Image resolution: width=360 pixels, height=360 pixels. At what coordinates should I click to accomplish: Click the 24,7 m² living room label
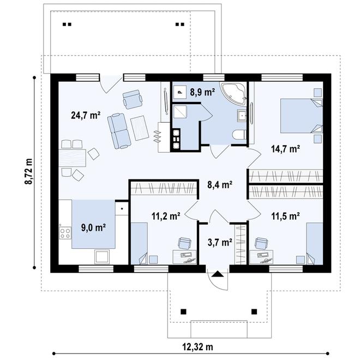86,115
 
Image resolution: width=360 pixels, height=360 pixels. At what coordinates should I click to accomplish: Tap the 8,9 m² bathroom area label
202,92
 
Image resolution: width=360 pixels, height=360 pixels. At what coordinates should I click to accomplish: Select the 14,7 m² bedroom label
285,149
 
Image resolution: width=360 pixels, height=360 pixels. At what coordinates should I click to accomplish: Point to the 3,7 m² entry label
220,242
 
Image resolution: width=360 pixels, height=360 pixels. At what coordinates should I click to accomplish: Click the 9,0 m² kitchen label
93,227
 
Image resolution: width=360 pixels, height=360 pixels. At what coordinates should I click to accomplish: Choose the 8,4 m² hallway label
220,184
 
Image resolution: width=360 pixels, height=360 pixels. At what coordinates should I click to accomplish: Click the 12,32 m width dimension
197,347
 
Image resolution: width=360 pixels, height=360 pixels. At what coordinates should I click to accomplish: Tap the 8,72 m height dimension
29,171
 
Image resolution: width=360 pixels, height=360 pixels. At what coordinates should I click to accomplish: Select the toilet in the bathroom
239,135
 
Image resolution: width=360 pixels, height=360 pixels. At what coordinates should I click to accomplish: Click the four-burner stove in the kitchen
65,233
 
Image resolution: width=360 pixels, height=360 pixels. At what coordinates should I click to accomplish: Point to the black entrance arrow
217,274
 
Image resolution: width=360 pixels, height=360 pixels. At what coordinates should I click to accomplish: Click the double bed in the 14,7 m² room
301,116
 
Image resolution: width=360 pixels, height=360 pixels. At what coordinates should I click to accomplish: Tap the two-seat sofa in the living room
119,131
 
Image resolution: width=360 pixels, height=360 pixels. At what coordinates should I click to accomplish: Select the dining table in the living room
73,158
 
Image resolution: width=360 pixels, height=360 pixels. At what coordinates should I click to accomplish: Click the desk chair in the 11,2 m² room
185,243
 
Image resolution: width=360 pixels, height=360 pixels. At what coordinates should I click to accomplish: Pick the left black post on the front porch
183,311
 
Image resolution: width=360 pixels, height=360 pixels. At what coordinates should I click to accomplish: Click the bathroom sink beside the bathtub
242,115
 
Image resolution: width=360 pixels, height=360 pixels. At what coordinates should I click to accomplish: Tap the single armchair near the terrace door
133,99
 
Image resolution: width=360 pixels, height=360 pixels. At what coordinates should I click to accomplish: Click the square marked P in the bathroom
180,92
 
